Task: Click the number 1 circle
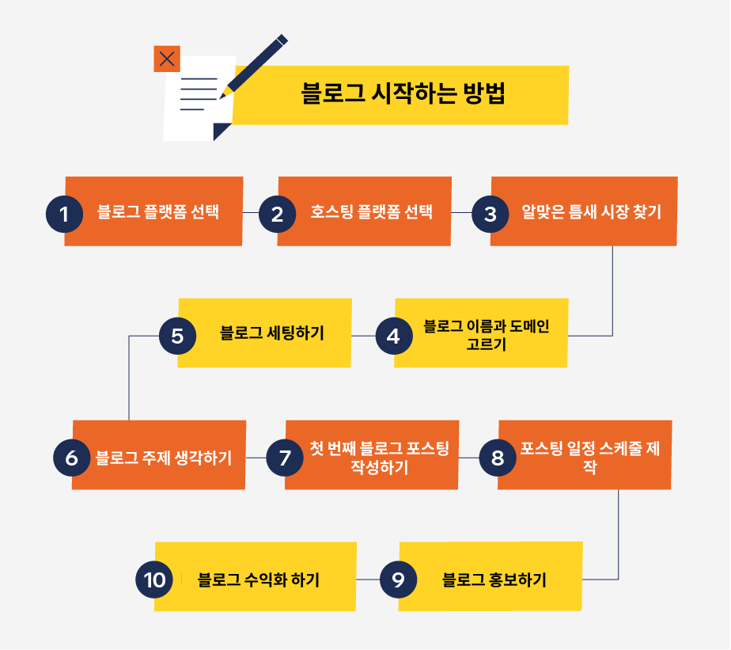coord(64,214)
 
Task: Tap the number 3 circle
coord(490,214)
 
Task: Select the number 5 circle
coord(177,336)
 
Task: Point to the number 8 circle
coord(498,458)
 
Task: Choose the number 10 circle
coord(155,580)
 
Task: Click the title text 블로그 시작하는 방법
coord(403,93)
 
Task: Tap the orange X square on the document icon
coord(167,59)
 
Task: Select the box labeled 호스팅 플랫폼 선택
coord(371,212)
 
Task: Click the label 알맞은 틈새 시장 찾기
coord(591,212)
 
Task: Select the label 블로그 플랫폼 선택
coord(158,212)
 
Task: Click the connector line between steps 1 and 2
coord(251,213)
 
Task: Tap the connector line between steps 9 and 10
coord(368,580)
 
